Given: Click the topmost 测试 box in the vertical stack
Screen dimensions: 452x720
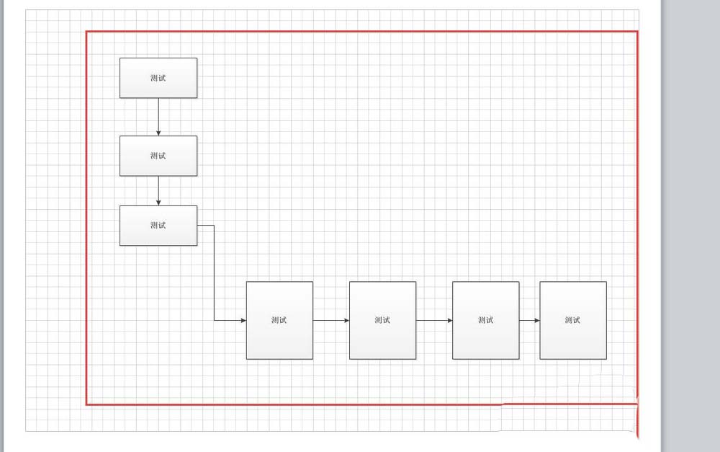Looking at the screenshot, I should [x=158, y=78].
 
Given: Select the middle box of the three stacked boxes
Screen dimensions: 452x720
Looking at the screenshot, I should [x=158, y=156].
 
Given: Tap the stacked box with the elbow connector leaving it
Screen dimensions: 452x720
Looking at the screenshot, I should [x=158, y=226].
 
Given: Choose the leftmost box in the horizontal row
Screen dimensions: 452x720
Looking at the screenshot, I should [x=279, y=320].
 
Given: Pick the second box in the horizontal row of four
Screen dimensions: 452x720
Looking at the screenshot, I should [x=382, y=320].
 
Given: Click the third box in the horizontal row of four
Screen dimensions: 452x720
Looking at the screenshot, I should [x=485, y=320].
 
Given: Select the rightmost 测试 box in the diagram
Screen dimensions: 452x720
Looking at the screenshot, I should [x=573, y=320].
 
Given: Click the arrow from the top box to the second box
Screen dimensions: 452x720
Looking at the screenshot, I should [x=158, y=117].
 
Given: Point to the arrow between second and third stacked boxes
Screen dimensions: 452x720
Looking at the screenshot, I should [x=158, y=191].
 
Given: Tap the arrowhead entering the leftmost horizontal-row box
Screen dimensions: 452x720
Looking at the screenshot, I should [x=243, y=320].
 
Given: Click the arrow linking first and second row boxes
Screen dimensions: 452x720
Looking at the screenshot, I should [x=331, y=320].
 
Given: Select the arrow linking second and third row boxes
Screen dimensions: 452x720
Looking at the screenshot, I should [x=434, y=320].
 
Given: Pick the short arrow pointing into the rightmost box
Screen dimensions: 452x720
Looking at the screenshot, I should [x=530, y=320].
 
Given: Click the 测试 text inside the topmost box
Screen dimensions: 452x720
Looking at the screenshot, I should [x=158, y=78].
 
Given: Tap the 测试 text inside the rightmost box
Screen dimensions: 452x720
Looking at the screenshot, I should [x=573, y=320].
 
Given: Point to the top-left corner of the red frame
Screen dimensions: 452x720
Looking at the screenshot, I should [x=87, y=32].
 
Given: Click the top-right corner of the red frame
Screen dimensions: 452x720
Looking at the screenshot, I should [x=637, y=32].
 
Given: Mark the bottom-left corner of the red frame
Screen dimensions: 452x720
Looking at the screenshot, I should [x=87, y=404].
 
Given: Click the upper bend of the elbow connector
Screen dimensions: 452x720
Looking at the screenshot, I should [x=214, y=226].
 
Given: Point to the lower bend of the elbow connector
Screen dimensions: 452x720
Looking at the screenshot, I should [x=214, y=320].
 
